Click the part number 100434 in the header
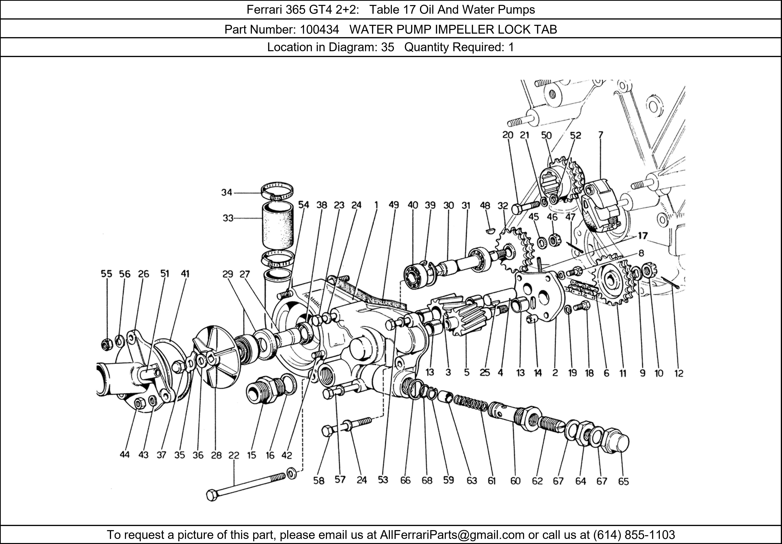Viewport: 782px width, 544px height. tap(319, 30)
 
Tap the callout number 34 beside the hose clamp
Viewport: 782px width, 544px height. tap(227, 193)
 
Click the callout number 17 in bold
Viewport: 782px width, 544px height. tap(643, 236)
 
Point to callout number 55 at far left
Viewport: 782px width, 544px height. tap(106, 274)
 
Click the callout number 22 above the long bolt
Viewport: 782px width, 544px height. tap(234, 455)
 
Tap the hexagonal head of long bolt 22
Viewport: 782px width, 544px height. tap(212, 495)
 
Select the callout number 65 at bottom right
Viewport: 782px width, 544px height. tap(623, 481)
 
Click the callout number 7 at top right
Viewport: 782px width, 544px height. tap(600, 135)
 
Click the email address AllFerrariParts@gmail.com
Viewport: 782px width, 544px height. tap(452, 535)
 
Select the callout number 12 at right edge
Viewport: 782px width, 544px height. tap(679, 373)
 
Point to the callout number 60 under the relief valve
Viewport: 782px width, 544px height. tap(515, 481)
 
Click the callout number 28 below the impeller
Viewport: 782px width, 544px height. tap(216, 455)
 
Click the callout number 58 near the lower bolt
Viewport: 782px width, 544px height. tap(319, 481)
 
